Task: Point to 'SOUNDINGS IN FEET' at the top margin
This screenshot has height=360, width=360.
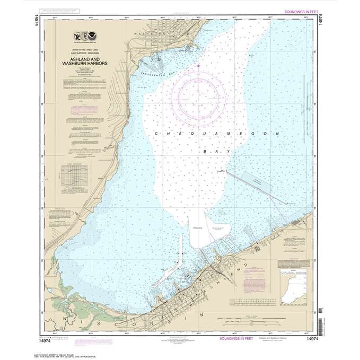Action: click(299, 11)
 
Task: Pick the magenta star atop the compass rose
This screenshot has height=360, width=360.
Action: click(198, 66)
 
